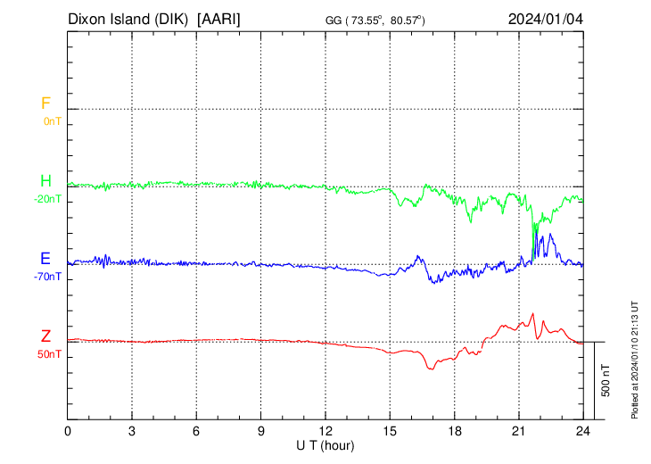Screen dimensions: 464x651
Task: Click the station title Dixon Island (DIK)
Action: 130,19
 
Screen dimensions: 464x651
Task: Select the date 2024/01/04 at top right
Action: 545,19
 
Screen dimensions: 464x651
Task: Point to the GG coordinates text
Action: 375,20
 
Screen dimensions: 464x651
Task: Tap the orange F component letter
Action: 45,104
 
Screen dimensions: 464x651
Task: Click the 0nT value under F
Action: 52,120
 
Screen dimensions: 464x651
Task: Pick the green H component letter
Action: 45,182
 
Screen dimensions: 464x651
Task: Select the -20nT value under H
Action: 48,199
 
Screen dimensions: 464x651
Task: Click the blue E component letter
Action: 45,259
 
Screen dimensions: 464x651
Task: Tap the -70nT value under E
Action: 48,277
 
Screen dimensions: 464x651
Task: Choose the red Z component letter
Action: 45,336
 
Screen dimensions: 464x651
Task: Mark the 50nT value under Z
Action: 50,354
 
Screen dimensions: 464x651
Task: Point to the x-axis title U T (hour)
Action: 325,445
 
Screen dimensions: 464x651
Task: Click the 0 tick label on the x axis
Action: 68,431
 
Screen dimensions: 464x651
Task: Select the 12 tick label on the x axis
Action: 325,431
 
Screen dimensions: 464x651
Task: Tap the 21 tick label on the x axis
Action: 519,431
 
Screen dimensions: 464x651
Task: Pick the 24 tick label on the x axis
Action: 583,431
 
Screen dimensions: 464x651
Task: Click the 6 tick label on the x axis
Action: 197,431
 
